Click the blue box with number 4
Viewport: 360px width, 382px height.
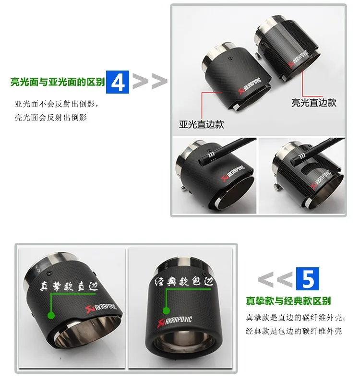coord(118,82)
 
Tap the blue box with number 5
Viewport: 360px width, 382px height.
coord(308,279)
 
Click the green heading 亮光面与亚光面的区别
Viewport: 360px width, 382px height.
coord(58,82)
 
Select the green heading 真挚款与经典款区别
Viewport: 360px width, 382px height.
coord(288,301)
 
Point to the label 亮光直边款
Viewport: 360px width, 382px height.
coord(314,103)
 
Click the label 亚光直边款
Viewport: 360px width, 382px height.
coord(202,124)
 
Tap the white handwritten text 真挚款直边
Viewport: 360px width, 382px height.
coord(69,286)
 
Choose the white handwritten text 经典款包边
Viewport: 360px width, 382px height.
coord(184,281)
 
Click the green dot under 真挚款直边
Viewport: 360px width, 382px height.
coord(51,315)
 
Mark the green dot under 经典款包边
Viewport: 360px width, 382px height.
coord(166,310)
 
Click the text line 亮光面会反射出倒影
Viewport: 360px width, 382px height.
coord(51,118)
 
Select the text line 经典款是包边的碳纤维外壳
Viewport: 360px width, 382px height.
coord(294,331)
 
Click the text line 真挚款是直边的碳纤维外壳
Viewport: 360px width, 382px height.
coord(295,317)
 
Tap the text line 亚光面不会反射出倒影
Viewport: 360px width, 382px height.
coord(57,104)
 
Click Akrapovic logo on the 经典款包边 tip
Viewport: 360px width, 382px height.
coord(175,321)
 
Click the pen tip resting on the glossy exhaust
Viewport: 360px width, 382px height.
coord(295,160)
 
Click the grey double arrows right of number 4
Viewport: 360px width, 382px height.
coord(150,81)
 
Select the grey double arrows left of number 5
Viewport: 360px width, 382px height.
coord(275,279)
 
